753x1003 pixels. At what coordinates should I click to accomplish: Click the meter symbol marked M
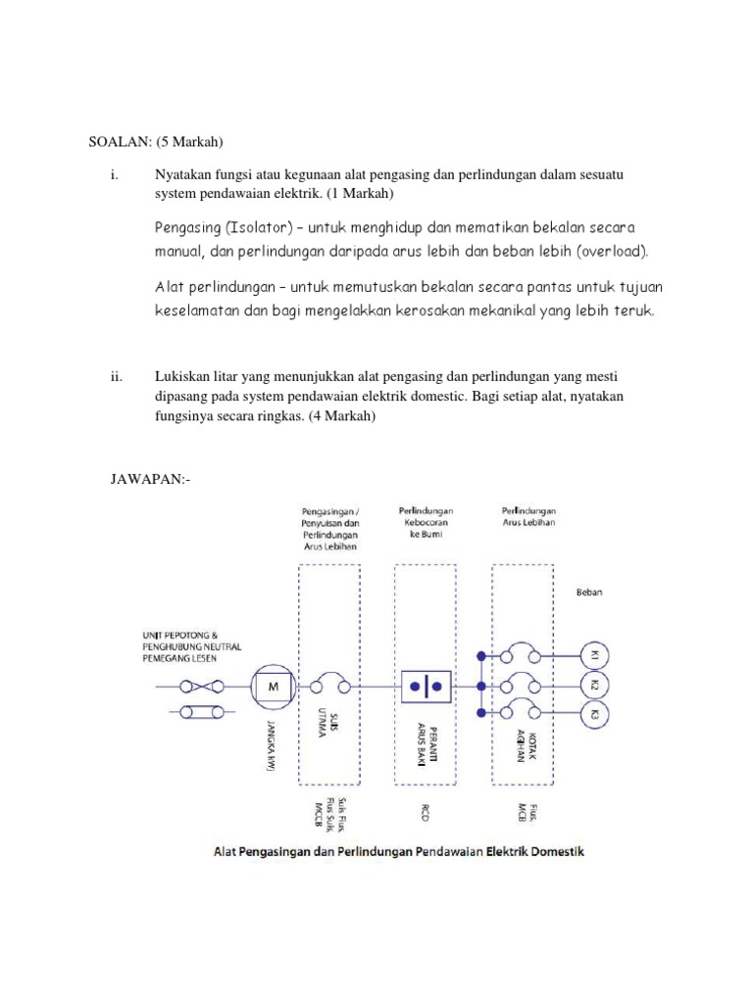274,687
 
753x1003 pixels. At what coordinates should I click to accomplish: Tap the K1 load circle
594,655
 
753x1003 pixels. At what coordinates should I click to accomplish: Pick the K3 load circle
594,714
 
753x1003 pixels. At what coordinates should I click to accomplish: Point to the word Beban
589,593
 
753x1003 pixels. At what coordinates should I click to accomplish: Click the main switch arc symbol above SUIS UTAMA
333,685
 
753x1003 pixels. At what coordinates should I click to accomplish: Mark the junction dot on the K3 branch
480,713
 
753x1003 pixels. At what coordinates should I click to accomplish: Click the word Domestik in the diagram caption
554,851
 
